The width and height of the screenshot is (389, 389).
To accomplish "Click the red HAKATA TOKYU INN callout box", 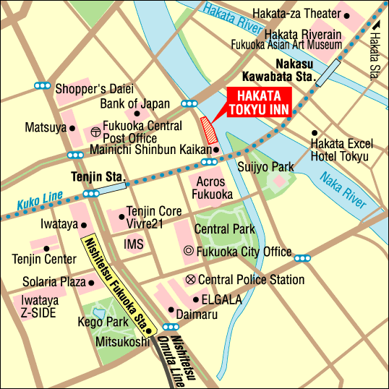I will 260,103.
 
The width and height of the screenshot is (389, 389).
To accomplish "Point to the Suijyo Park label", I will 265,167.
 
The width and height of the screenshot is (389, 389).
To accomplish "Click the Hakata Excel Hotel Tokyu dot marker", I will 314,133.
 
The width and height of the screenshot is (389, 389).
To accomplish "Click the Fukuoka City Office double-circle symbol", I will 189,252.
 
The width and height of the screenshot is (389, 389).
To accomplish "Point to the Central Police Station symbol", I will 190,279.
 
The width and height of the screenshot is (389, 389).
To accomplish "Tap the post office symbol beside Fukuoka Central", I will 95,132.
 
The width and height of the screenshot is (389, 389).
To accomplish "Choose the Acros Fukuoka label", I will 212,189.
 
